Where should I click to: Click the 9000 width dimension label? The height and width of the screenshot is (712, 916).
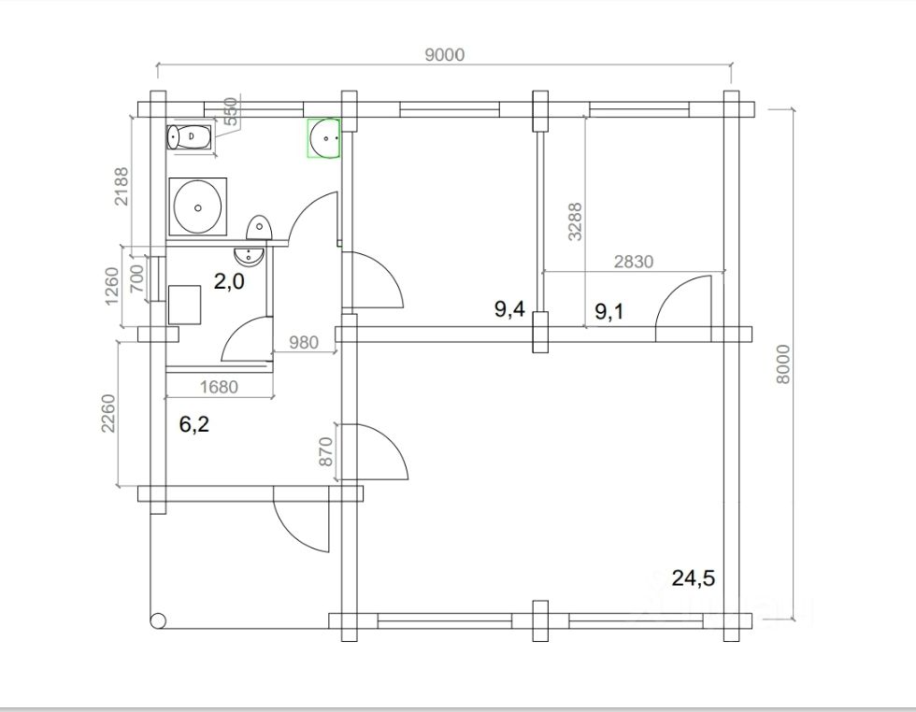click(445, 54)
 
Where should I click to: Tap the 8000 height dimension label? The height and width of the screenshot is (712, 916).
click(783, 364)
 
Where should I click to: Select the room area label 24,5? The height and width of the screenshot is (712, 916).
click(694, 578)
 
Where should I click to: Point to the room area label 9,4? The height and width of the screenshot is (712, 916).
click(510, 308)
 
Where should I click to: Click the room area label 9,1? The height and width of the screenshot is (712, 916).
click(609, 311)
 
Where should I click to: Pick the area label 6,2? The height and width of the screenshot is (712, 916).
click(194, 424)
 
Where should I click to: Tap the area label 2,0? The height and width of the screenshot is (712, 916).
click(229, 281)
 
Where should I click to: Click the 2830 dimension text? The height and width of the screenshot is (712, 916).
click(634, 261)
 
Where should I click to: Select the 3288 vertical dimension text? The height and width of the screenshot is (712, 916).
click(576, 221)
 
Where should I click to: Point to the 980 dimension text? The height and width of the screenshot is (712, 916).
click(304, 342)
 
